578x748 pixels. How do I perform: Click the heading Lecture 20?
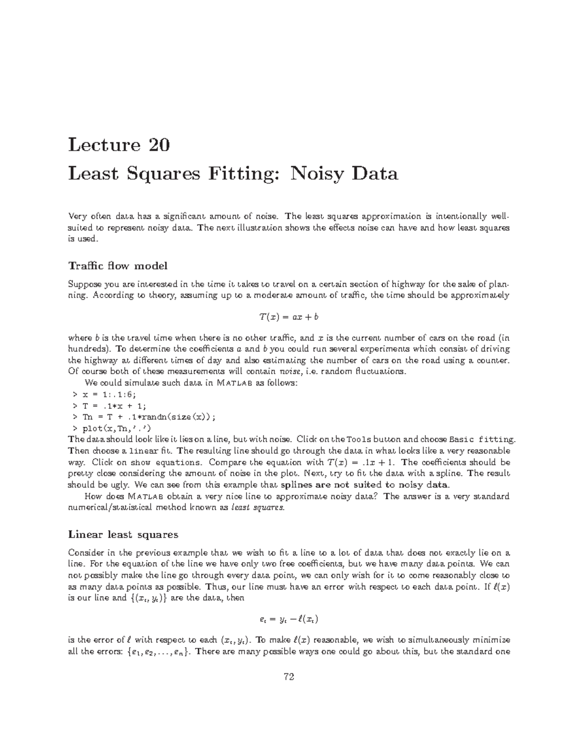[118, 144]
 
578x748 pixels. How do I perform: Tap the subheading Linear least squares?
[123, 534]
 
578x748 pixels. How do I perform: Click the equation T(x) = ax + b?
[289, 316]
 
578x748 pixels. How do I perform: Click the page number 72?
[289, 677]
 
